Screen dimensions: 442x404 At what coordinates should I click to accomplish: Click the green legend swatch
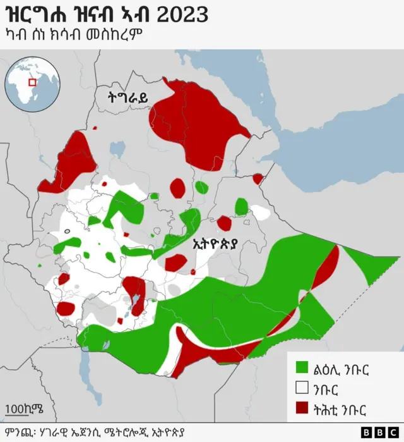click(302, 367)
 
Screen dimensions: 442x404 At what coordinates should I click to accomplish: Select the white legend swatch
click(302, 387)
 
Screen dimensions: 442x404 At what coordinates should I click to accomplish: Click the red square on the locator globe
click(32, 83)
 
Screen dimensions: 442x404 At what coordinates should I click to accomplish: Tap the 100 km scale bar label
click(25, 408)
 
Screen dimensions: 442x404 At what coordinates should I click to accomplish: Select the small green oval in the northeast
click(241, 206)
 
